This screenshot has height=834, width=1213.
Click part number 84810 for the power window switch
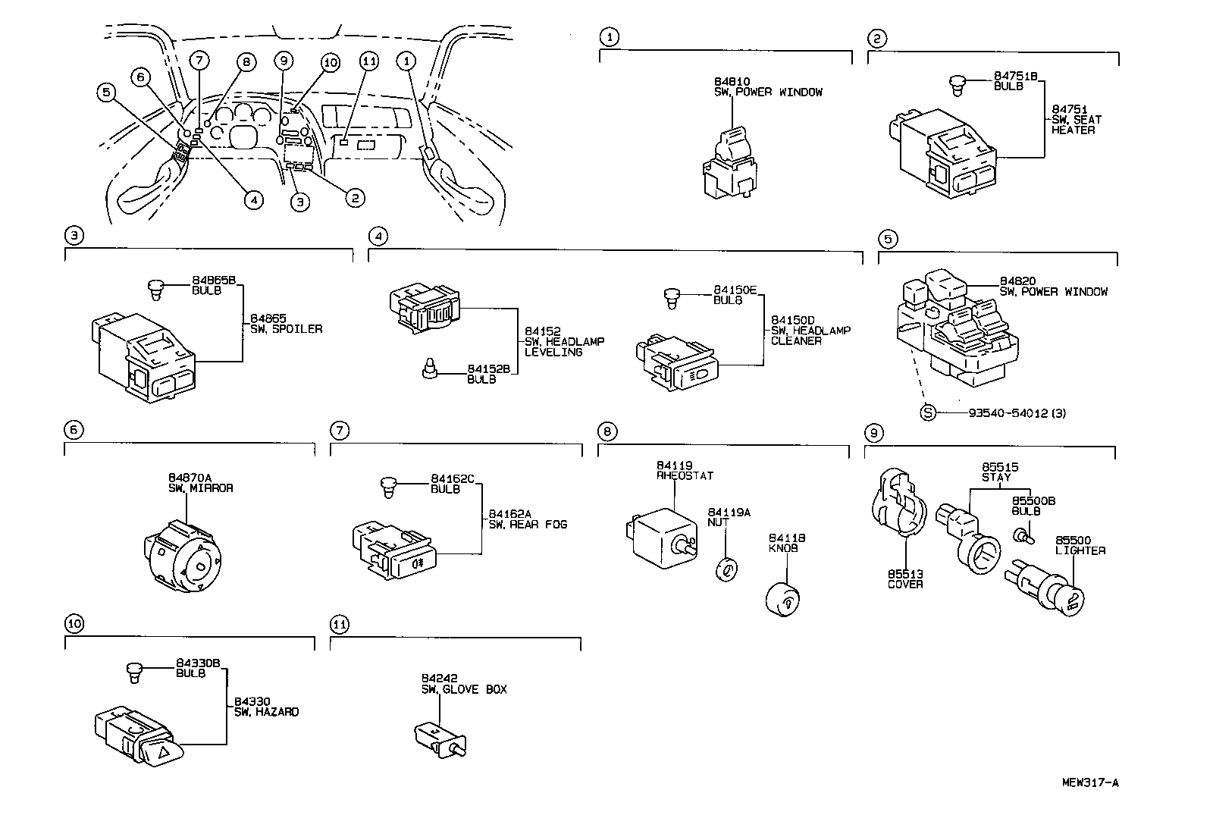point(732,80)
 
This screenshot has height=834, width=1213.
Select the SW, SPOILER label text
point(287,329)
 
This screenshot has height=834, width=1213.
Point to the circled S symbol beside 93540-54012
point(928,413)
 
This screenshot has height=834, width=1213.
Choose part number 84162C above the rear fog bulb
point(453,478)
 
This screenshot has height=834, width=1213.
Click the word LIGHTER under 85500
point(1080,550)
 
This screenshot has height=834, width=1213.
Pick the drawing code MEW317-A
point(1090,782)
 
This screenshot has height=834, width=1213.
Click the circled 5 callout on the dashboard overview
point(107,92)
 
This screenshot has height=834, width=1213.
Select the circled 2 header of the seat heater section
point(876,38)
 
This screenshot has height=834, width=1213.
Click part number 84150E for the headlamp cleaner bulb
point(735,290)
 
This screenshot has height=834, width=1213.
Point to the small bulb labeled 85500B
point(1021,536)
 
